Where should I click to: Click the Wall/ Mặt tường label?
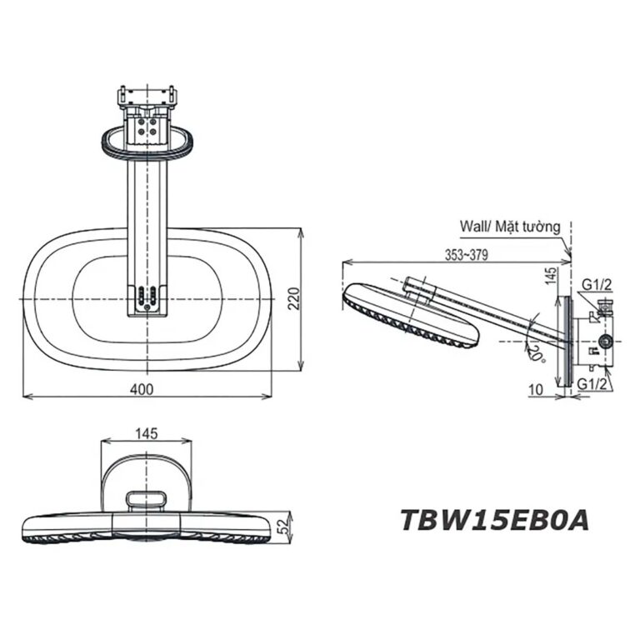[509, 226]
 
